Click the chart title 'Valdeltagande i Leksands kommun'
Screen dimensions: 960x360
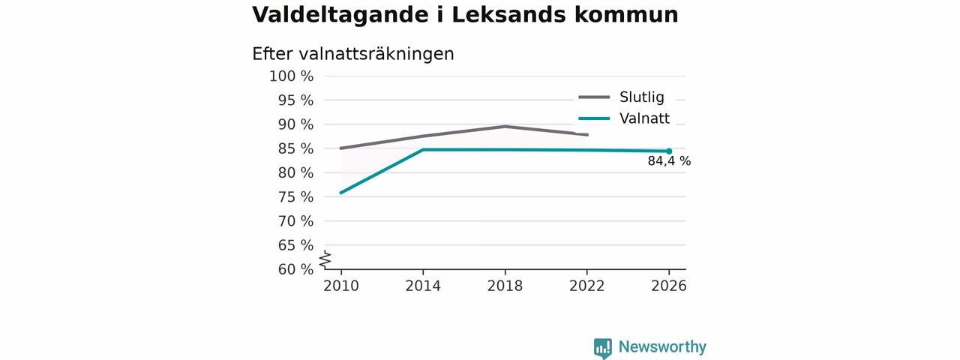click(465, 15)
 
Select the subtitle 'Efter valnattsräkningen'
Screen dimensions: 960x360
click(352, 54)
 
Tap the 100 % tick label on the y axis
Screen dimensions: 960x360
click(292, 76)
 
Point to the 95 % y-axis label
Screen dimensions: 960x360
click(295, 100)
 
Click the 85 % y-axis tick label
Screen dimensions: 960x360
click(295, 148)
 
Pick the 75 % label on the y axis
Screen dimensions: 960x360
click(295, 197)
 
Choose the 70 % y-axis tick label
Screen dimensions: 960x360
click(295, 221)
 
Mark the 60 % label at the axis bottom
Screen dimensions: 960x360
click(295, 269)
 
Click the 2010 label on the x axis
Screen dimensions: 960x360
click(341, 286)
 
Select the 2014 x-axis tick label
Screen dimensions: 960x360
click(423, 286)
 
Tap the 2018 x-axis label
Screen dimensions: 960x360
click(505, 286)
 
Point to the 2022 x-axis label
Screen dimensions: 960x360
click(586, 286)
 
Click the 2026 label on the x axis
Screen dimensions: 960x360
click(668, 286)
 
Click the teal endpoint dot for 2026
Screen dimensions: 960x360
click(669, 151)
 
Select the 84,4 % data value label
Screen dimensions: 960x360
click(669, 161)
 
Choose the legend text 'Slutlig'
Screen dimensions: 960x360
click(641, 97)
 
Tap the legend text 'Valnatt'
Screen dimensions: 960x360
click(644, 118)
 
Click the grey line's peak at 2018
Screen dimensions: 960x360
click(505, 126)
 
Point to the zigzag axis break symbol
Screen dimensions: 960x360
click(325, 259)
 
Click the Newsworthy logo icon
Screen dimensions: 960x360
click(602, 348)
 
